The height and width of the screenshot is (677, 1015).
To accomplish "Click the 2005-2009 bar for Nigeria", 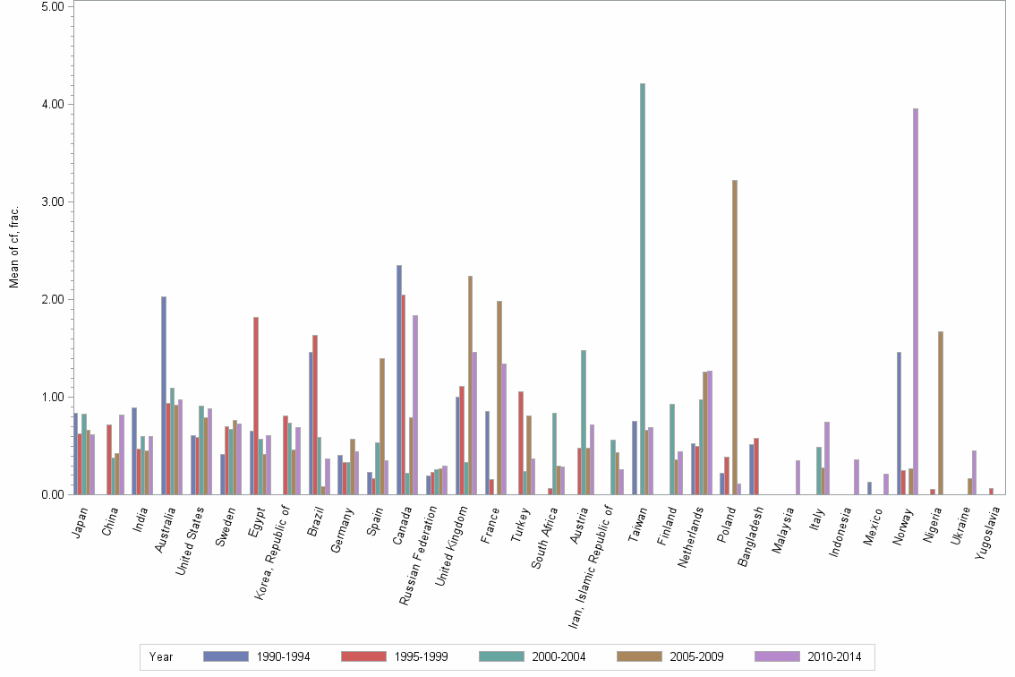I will click(x=941, y=413).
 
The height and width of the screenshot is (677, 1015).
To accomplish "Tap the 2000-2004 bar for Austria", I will click(x=584, y=422).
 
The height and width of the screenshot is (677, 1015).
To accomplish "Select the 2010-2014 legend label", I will click(x=835, y=656).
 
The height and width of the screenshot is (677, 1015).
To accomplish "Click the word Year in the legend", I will click(x=162, y=656).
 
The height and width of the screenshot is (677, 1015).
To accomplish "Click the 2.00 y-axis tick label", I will click(x=53, y=299).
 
